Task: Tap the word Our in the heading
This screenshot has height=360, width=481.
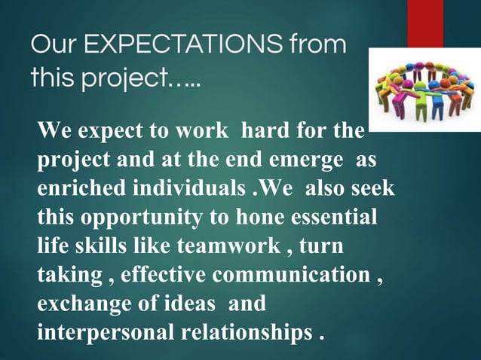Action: pos(51,46)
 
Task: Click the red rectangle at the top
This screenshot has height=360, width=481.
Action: pos(424,23)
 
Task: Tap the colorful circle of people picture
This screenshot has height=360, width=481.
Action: pos(424,90)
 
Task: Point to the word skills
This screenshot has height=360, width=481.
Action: pos(99,246)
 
